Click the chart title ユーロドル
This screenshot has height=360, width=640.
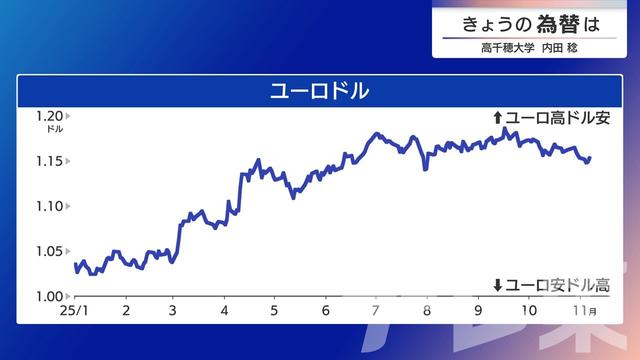tap(320, 90)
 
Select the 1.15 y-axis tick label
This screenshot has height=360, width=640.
tap(49, 161)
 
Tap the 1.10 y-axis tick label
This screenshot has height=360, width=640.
tap(49, 206)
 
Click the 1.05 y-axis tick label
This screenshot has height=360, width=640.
tap(49, 251)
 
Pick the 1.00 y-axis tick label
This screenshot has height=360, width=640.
tap(49, 296)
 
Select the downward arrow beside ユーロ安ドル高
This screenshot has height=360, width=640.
tap(498, 286)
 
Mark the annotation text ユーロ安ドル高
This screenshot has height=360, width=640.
tap(557, 286)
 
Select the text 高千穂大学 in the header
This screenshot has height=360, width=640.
tap(502, 47)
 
